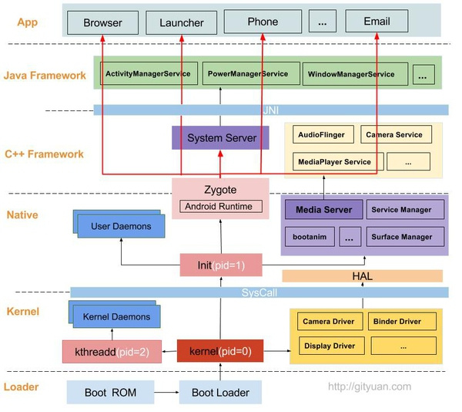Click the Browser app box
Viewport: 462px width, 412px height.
102,22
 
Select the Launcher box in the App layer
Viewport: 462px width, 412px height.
182,22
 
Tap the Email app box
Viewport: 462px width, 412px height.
377,22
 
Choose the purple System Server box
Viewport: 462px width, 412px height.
213,138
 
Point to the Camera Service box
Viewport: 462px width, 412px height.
395,134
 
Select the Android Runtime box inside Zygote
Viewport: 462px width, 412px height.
221,206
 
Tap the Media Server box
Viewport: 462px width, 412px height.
323,209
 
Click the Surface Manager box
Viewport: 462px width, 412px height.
405,236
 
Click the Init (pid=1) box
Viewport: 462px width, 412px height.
220,265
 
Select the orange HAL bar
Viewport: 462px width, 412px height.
362,276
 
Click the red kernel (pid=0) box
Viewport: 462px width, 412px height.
220,351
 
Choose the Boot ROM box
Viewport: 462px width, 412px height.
110,392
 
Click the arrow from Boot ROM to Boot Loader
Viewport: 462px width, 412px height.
166,392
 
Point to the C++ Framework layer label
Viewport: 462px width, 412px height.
44,154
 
